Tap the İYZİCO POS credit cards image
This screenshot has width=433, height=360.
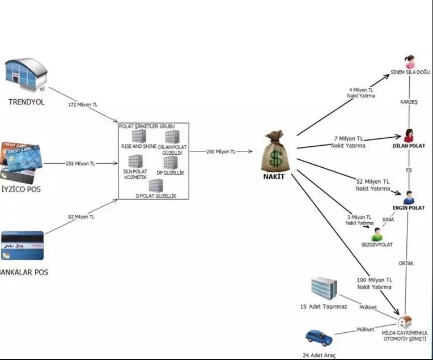coord(21,160)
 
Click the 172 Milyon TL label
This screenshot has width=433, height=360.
coord(83,105)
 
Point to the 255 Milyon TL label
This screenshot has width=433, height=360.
coord(79,163)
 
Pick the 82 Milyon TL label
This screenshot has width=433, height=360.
coord(81,217)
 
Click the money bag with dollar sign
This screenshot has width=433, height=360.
coord(275,151)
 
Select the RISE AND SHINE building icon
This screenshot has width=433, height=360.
coord(139,136)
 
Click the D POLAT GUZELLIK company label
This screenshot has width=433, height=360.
coord(156,196)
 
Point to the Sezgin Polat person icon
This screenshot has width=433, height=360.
coord(377,234)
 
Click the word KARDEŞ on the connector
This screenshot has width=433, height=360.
coord(409,102)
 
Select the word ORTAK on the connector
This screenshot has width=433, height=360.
coord(406,262)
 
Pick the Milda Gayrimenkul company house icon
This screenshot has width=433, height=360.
coord(404,323)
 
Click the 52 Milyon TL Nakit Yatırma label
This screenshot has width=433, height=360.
coord(373,185)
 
